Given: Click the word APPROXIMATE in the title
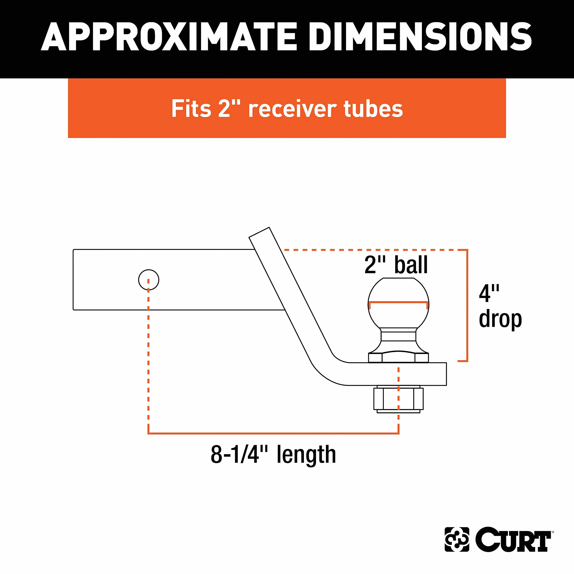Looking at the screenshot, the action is click(169, 36).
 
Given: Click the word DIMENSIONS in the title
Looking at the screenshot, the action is click(420, 36).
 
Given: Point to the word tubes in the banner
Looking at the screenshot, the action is click(373, 108).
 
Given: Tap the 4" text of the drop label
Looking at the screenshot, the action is click(489, 293).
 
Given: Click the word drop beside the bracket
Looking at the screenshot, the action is click(500, 319).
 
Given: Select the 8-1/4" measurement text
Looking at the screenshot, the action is click(239, 455).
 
